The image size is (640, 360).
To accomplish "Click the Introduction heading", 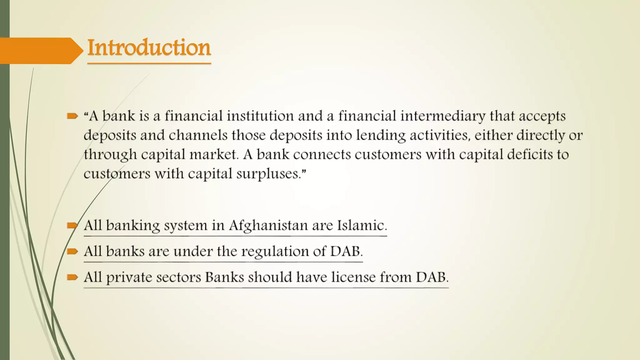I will click(149, 47).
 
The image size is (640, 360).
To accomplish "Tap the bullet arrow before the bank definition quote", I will click(72, 117).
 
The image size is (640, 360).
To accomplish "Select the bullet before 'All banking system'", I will click(72, 225).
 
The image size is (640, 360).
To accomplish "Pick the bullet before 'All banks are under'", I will click(72, 251).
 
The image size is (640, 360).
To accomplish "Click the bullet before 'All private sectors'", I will click(72, 277).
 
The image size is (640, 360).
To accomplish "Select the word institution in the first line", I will click(260, 116).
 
